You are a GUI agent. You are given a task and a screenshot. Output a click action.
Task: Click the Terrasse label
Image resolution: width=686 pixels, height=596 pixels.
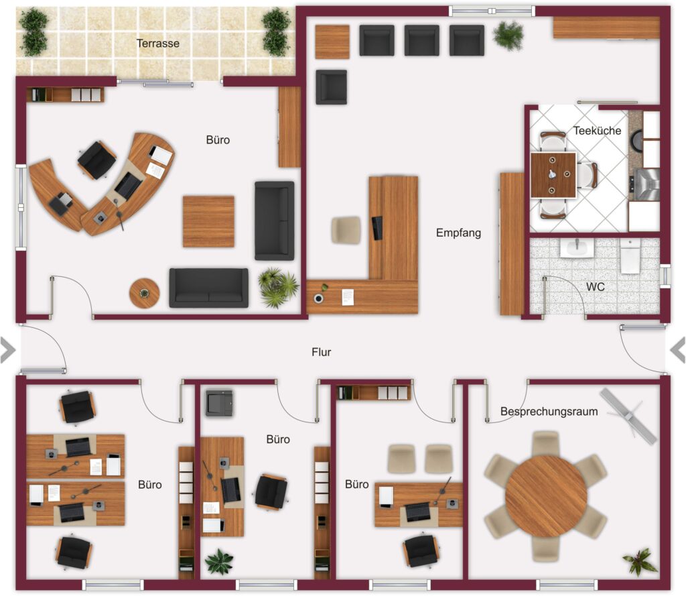point(158,44)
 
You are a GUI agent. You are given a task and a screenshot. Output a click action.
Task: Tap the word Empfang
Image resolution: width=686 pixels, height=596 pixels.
point(458,233)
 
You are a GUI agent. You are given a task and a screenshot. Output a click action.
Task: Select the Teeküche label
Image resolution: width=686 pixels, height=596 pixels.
point(597,131)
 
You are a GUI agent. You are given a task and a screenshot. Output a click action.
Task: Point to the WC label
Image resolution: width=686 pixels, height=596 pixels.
point(596,287)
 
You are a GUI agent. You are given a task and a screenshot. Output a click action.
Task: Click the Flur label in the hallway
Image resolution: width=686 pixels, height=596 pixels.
point(321,352)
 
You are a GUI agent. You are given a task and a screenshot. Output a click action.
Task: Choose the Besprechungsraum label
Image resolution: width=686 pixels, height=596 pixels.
point(549,412)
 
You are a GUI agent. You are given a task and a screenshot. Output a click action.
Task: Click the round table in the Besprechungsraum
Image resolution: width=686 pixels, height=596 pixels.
point(546,495)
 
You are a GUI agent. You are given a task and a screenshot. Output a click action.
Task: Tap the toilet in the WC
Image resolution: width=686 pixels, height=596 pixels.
point(630,256)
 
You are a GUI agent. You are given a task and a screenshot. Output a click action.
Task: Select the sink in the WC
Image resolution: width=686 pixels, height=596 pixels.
point(577,248)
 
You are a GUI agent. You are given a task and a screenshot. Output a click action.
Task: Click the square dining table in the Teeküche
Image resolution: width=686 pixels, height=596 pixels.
point(553,175)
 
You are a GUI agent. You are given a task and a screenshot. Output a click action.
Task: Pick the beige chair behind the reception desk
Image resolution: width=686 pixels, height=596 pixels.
point(346,230)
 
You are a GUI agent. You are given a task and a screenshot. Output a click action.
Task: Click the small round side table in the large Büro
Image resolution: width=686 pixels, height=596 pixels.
point(145,293)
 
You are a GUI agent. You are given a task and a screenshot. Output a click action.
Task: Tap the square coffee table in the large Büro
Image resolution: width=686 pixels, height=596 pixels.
point(208,222)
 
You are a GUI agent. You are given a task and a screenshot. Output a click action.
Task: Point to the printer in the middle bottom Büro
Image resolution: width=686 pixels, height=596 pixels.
point(220,402)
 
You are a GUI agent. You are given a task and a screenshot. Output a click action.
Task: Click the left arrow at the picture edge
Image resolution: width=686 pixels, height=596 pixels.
point(8,350)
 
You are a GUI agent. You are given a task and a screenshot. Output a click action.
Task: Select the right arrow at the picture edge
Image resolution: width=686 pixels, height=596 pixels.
point(678,350)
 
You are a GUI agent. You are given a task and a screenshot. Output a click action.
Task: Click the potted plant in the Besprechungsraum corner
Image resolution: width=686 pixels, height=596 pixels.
point(640,562)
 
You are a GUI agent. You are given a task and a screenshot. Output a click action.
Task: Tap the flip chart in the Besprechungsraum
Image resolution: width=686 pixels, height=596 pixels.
point(628,413)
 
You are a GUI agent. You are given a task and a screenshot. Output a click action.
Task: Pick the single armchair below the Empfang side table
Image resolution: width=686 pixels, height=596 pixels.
point(332,87)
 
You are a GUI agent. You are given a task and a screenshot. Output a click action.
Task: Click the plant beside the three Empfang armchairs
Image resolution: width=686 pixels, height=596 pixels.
point(508,35)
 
